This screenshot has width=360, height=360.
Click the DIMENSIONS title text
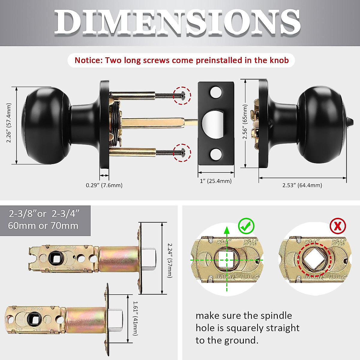coord(177,22)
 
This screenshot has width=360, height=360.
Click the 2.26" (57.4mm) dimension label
coord(9,123)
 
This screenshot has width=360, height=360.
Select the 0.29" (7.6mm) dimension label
coord(104,185)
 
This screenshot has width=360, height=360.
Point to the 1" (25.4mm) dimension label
coord(216,181)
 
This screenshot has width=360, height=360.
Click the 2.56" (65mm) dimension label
coord(245,122)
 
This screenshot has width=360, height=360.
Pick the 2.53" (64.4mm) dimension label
coord(302,185)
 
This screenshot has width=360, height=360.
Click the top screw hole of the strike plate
coord(215,93)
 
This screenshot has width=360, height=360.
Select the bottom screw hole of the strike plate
coord(215,154)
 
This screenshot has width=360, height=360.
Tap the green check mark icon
coord(246,226)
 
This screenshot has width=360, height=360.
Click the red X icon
coord(337,226)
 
